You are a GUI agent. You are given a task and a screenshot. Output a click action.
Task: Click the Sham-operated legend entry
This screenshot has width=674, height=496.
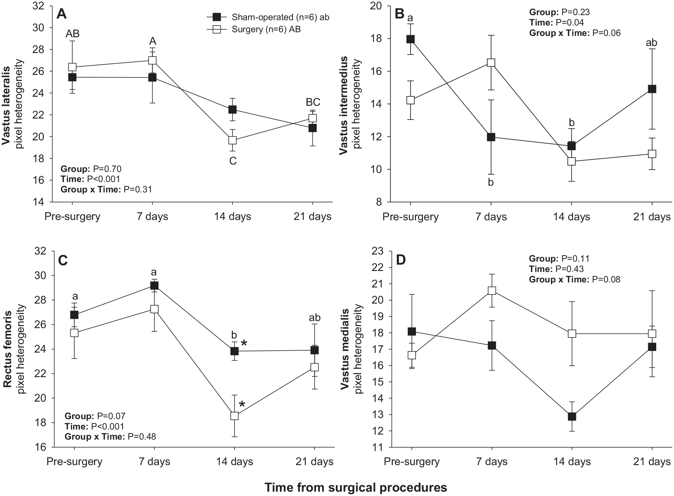point(267,17)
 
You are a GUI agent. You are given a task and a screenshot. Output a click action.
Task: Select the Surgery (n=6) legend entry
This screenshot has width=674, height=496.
point(253,29)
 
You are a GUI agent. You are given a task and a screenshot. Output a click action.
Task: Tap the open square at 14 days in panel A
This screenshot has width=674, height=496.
point(233,140)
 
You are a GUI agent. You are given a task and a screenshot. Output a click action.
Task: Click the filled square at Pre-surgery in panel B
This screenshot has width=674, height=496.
point(410,39)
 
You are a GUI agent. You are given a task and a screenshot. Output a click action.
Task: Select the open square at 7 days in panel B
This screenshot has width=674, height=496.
point(491,63)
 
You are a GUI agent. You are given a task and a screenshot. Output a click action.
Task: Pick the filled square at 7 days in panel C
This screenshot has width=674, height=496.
point(154,286)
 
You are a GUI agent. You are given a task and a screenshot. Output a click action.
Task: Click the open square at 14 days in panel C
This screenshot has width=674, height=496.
point(234,416)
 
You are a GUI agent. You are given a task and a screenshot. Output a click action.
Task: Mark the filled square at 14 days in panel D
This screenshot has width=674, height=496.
point(572,417)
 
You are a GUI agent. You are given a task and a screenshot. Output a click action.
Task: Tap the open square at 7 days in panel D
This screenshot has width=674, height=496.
point(492,291)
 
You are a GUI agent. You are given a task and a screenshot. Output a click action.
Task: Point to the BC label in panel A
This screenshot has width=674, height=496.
point(313,102)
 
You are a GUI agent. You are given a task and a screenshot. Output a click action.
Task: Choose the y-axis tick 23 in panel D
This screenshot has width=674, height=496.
point(379,251)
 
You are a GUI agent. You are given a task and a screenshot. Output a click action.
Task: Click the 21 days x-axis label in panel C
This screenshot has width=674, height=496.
point(314,461)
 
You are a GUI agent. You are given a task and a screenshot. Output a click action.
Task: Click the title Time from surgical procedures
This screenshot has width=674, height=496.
point(356,487)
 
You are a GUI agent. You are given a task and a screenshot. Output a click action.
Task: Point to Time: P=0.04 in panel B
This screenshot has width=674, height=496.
point(556,22)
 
